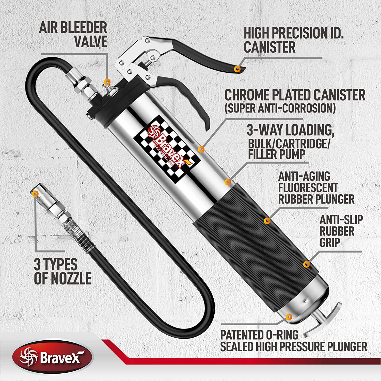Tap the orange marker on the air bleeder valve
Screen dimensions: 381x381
pos(107,81)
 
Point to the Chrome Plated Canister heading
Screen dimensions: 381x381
pos(295,95)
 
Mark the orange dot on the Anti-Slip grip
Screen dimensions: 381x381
pos(307,264)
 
